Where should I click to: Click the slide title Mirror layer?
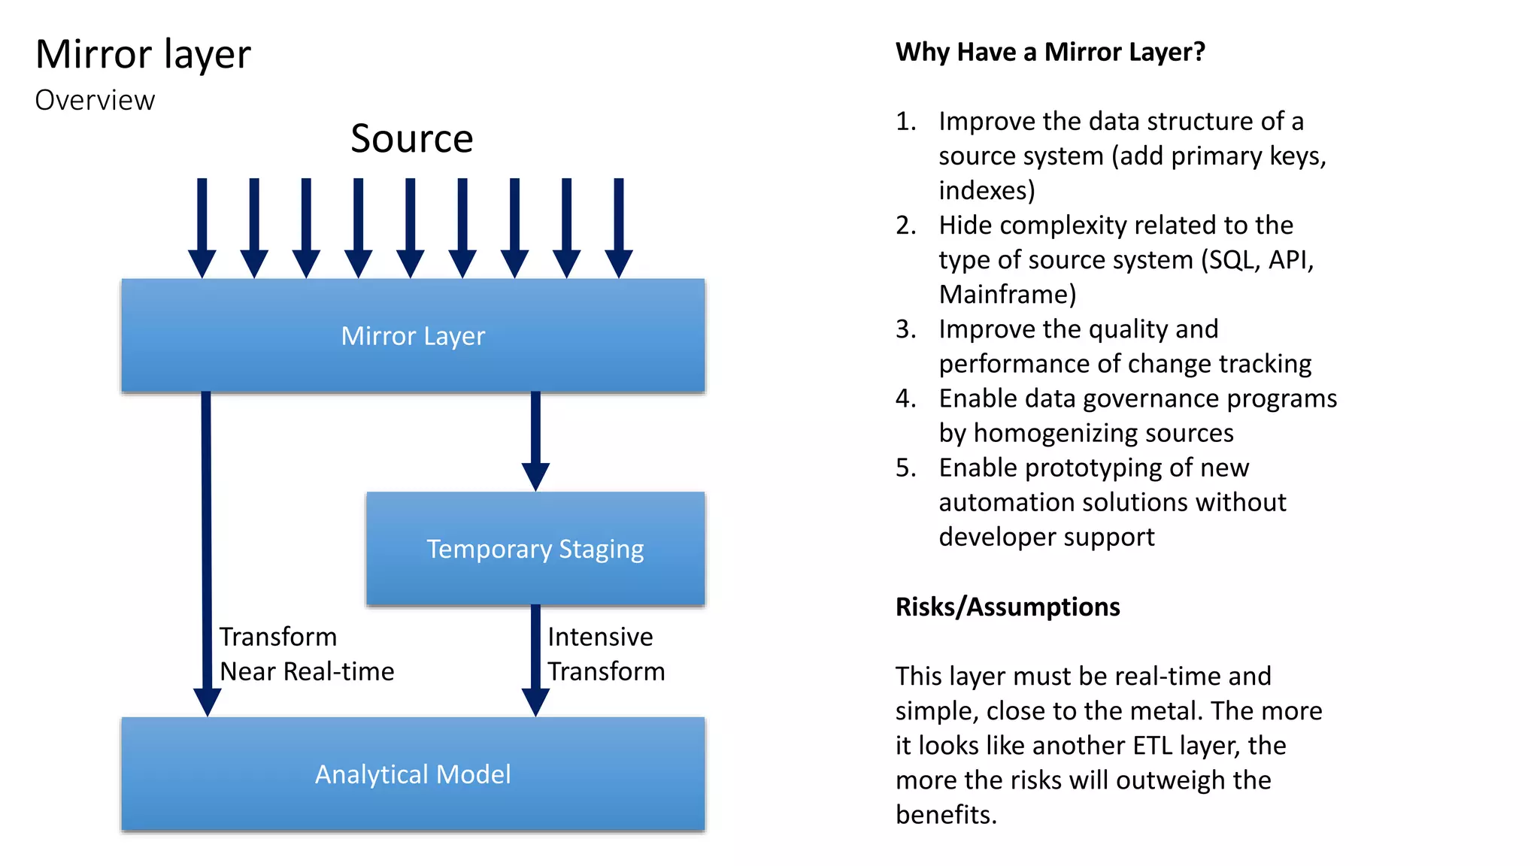143,55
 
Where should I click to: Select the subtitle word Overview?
95,101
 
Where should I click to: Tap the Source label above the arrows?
411,139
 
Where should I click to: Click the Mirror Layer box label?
413,336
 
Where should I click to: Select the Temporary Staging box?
535,550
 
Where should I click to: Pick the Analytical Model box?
413,774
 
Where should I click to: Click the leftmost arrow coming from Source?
202,226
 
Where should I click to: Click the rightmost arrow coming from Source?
618,226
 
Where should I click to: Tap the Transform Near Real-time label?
306,654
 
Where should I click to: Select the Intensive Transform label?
605,654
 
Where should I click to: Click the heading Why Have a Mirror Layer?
1050,52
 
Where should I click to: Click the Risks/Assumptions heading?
1007,607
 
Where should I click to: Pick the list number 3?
905,329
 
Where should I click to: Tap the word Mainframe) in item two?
1007,295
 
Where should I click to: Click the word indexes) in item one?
986,191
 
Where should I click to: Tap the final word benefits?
945,815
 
